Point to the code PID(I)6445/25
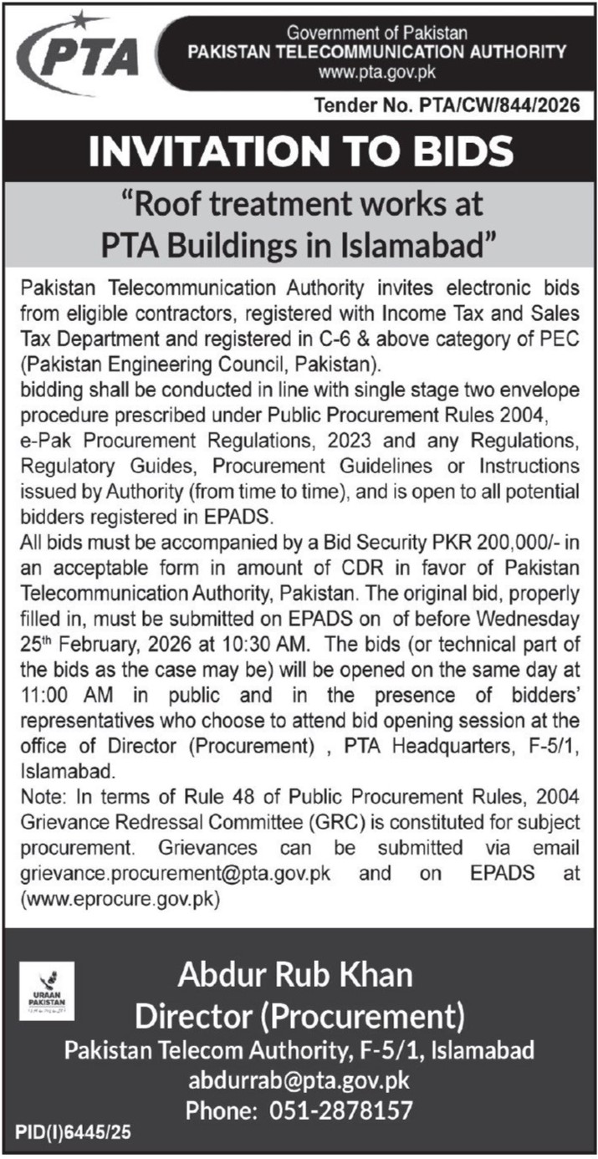click(73, 1135)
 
